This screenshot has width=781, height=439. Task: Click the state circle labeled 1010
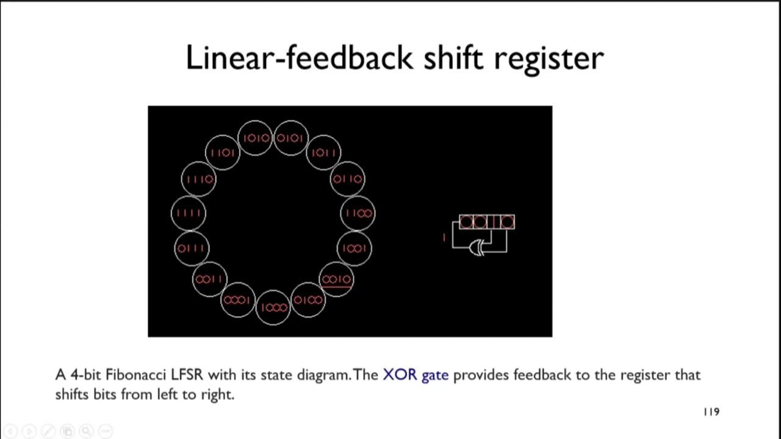click(x=256, y=138)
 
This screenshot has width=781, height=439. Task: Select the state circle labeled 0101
click(x=290, y=138)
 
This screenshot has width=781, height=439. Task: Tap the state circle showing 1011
click(x=323, y=152)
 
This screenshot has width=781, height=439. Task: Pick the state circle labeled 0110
click(x=348, y=179)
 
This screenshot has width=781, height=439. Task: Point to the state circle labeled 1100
click(x=358, y=213)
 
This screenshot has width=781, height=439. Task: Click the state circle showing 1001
click(x=355, y=248)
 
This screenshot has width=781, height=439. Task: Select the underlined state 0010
click(x=336, y=280)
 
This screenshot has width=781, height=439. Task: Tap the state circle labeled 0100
click(x=308, y=300)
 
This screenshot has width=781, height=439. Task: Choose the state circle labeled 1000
click(x=273, y=307)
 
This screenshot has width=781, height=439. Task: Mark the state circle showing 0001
click(x=237, y=300)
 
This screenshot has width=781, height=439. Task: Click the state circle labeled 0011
click(x=210, y=279)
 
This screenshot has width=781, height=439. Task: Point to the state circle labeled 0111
click(x=192, y=248)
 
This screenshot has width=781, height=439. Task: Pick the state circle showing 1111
click(x=189, y=213)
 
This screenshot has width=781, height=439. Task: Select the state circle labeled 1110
click(x=199, y=179)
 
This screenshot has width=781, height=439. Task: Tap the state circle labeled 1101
click(x=223, y=152)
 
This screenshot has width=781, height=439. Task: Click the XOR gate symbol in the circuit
click(x=477, y=247)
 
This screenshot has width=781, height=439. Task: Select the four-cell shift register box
click(x=487, y=222)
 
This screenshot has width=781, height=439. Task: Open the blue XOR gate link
click(x=416, y=374)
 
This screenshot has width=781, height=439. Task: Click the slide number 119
click(x=711, y=412)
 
